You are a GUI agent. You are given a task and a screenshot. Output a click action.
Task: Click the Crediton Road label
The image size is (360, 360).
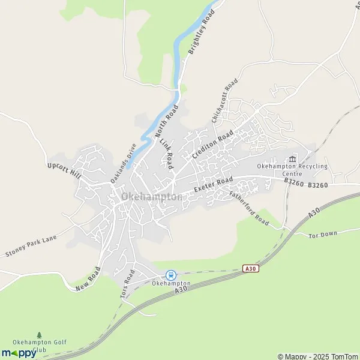(212, 145)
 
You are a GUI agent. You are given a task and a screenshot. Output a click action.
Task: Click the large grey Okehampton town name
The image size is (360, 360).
(152, 197)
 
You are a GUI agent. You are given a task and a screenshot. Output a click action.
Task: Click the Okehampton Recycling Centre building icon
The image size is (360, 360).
(292, 159)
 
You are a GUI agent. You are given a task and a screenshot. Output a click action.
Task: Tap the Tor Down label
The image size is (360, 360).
(323, 233)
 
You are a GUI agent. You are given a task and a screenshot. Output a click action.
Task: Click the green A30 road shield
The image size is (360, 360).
(251, 269)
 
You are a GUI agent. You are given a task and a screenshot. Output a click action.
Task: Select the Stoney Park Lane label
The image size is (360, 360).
(31, 247)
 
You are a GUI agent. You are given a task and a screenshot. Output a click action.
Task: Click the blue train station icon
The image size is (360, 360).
(171, 274)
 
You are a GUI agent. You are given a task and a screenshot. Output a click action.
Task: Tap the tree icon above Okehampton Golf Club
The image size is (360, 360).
(40, 335)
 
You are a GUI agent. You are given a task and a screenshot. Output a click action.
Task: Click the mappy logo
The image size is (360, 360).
(19, 353)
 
